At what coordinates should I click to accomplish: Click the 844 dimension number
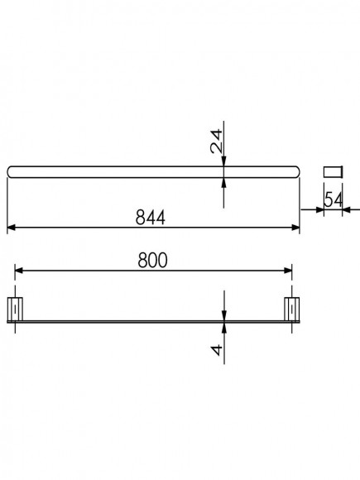click(x=151, y=217)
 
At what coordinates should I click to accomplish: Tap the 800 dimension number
click(x=152, y=260)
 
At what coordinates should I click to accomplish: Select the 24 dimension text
click(x=217, y=142)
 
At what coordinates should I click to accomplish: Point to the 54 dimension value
click(x=333, y=199)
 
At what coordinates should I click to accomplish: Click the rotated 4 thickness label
click(x=217, y=350)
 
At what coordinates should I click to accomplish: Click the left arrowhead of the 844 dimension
click(x=11, y=228)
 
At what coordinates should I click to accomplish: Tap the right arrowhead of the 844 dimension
click(x=295, y=228)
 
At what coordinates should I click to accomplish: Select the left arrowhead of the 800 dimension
click(x=19, y=271)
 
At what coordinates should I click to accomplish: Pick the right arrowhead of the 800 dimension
click(x=288, y=271)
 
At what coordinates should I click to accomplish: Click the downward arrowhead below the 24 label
click(x=224, y=162)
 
